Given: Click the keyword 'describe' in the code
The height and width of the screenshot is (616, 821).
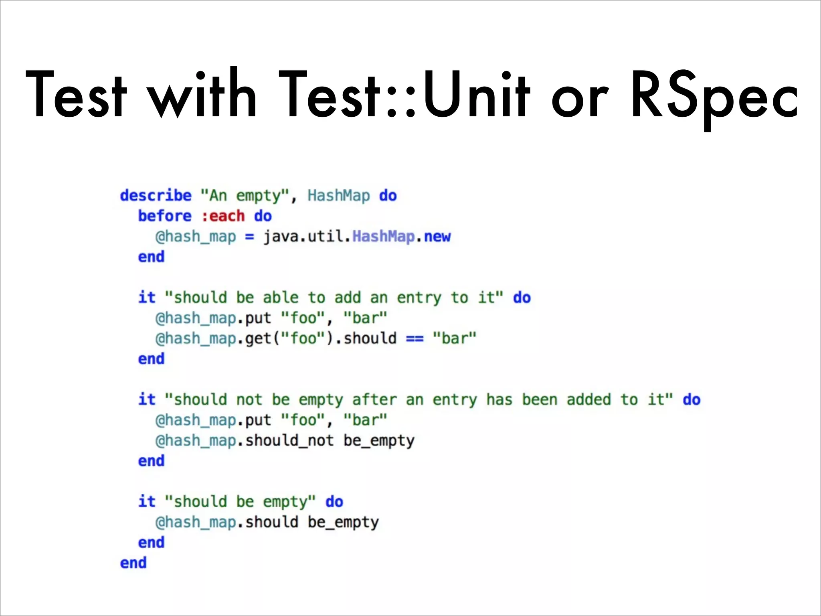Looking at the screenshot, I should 156,196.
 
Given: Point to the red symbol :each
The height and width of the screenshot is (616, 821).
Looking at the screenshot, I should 223,216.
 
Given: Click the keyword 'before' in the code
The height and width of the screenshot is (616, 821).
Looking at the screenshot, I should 165,216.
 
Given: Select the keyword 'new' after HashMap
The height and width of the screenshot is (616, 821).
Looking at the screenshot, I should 437,237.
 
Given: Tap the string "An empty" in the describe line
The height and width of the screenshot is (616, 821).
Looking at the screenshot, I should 245,196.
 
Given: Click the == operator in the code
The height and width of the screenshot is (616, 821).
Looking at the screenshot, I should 415,338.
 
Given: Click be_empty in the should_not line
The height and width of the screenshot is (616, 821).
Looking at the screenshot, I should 379,441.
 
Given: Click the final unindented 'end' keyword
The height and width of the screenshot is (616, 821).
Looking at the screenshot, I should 133,563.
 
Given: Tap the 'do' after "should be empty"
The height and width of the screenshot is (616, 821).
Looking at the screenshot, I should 334,502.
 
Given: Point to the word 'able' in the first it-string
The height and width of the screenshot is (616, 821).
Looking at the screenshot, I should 281,298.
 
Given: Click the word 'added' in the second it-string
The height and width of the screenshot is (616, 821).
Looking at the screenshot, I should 588,400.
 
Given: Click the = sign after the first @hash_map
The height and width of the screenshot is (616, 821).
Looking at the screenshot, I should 249,237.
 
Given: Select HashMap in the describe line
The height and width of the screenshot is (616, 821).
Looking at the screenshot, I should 339,196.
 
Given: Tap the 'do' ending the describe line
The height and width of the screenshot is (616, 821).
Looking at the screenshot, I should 388,196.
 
